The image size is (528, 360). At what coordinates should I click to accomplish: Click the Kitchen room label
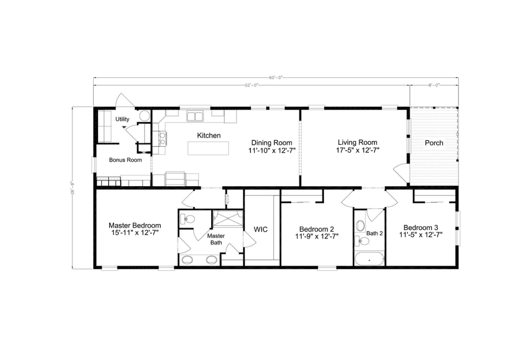tap(209, 136)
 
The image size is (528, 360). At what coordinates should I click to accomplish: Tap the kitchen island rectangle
tap(209, 148)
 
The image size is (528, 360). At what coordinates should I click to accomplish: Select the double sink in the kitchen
tap(194, 116)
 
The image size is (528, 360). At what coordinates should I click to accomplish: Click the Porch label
tap(434, 143)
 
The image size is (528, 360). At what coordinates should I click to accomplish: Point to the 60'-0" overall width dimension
tap(275, 77)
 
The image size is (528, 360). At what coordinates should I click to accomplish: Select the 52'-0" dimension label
tap(251, 85)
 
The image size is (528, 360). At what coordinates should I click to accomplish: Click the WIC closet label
tap(261, 229)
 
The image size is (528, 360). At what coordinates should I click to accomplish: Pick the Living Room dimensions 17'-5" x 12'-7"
tap(358, 150)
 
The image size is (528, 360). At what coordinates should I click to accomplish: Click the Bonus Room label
tap(125, 160)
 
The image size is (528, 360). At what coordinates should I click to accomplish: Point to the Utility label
tap(122, 119)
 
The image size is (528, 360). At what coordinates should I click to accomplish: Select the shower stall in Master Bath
tap(227, 219)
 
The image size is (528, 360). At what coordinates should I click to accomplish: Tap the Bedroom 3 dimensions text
tap(421, 235)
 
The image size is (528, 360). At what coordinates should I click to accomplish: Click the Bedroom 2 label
tap(316, 229)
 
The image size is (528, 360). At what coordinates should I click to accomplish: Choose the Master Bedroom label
tap(135, 225)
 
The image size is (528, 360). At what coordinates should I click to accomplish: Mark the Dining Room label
tap(271, 143)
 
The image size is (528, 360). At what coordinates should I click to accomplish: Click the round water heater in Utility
tap(145, 116)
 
